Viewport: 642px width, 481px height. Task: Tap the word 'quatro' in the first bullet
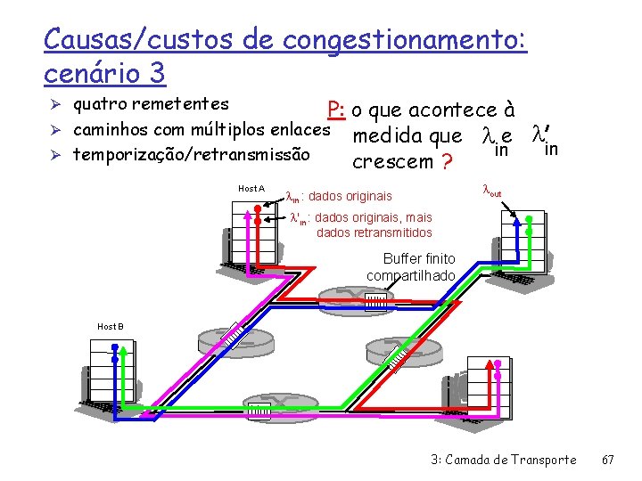99,104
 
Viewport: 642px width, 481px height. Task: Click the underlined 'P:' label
336,110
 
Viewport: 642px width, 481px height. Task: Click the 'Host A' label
251,189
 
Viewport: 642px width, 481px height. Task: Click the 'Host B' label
111,326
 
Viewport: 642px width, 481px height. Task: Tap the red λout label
491,191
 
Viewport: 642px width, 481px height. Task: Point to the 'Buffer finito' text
418,258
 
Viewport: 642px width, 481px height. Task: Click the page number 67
608,460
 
